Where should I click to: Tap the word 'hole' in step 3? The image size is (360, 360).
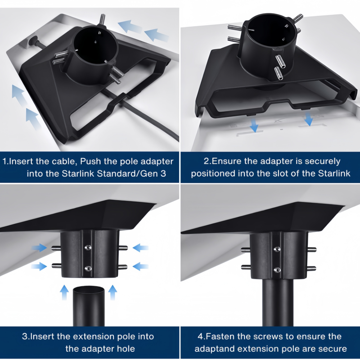126,349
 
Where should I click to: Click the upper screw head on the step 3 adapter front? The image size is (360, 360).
88,248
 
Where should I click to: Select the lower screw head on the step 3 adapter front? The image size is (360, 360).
88,269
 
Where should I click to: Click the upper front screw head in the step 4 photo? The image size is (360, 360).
277,249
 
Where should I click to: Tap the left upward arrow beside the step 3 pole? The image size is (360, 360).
64,292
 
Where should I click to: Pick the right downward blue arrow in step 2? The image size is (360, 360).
309,119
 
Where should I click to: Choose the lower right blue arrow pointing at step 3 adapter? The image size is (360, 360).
140,266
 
